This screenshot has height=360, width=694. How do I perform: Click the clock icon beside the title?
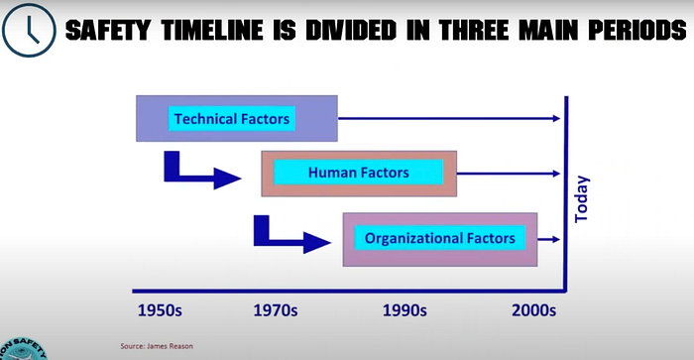(29, 30)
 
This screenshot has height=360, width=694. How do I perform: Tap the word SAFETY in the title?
(108, 31)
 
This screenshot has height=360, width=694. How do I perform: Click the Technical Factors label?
(231, 119)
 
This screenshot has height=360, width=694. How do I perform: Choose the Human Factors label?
(359, 173)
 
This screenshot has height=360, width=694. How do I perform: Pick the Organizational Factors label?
(440, 238)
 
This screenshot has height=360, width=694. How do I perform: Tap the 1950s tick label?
(160, 310)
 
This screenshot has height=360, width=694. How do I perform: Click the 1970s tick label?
(276, 310)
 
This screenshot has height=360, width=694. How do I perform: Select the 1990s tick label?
(405, 310)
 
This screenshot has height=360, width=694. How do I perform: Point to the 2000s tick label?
(533, 310)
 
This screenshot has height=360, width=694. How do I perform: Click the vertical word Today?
(582, 198)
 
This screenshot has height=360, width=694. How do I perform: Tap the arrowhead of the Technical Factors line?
(557, 118)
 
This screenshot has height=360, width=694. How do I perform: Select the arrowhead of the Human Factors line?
(557, 174)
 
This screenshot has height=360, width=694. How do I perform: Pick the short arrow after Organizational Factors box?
(549, 239)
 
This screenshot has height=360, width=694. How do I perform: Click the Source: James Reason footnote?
(157, 346)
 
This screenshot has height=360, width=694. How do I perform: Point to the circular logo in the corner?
(22, 349)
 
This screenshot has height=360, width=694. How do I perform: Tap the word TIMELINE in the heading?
(212, 31)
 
